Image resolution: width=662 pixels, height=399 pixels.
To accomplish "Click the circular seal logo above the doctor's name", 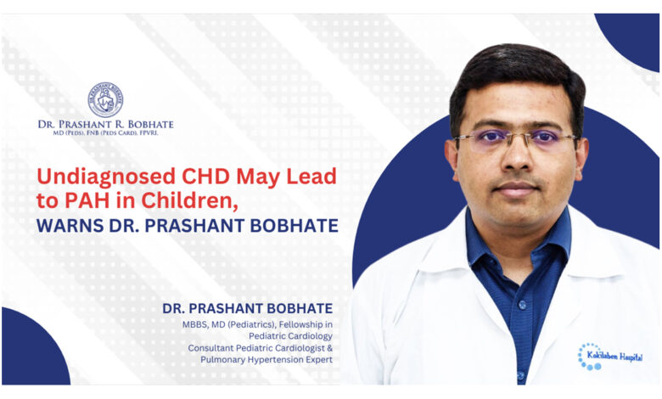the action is pos(105,99).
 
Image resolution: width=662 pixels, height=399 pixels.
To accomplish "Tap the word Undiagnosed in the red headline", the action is pos(106,177).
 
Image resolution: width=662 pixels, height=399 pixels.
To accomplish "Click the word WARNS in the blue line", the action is pos(70,226).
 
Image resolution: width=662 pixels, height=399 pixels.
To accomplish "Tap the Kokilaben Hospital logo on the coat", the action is pos(609,357).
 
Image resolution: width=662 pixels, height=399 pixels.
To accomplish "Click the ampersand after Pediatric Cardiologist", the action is pos(330,348).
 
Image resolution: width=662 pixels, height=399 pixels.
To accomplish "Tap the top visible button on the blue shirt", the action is pos(523,304).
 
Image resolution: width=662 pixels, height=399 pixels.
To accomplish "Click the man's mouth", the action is pos(517,188).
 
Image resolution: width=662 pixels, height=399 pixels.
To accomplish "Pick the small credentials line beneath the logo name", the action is pos(105,133).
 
